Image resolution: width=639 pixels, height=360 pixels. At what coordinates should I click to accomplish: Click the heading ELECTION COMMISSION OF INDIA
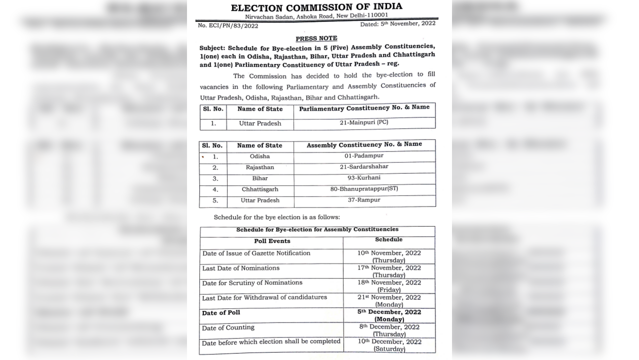point(316,7)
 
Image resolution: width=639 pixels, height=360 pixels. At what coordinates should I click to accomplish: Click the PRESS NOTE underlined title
point(316,38)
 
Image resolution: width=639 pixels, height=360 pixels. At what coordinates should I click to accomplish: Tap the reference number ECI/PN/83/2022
point(221,25)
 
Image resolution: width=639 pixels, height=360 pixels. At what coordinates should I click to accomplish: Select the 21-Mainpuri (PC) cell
point(364,123)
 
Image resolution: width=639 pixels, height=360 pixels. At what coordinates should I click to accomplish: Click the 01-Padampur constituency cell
point(364,155)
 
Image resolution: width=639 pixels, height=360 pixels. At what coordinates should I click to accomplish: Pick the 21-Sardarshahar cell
point(364,166)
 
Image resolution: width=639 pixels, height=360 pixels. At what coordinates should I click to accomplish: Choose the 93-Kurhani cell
point(364,178)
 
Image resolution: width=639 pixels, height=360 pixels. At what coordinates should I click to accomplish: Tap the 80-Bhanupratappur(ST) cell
point(364,189)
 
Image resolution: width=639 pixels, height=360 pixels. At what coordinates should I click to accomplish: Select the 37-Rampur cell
point(364,200)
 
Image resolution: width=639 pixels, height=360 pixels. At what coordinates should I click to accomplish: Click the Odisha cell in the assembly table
point(259,156)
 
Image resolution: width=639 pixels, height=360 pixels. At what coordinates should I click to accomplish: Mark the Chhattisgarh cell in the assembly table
point(259,189)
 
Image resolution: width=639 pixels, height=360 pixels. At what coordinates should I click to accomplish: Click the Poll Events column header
point(272,241)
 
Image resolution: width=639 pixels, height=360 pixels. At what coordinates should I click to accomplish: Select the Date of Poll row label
point(221,312)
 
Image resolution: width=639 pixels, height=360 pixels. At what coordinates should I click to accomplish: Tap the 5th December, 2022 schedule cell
point(389,315)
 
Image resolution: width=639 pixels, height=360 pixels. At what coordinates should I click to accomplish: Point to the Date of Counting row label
point(228,327)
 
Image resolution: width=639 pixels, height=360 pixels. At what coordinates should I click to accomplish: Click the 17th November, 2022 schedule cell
point(389,271)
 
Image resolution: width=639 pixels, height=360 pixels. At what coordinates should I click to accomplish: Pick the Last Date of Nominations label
point(240,268)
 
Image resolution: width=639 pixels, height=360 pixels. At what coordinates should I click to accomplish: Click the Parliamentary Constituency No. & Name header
point(364,108)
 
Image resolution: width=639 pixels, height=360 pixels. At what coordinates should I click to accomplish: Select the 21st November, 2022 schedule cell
point(389,300)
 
